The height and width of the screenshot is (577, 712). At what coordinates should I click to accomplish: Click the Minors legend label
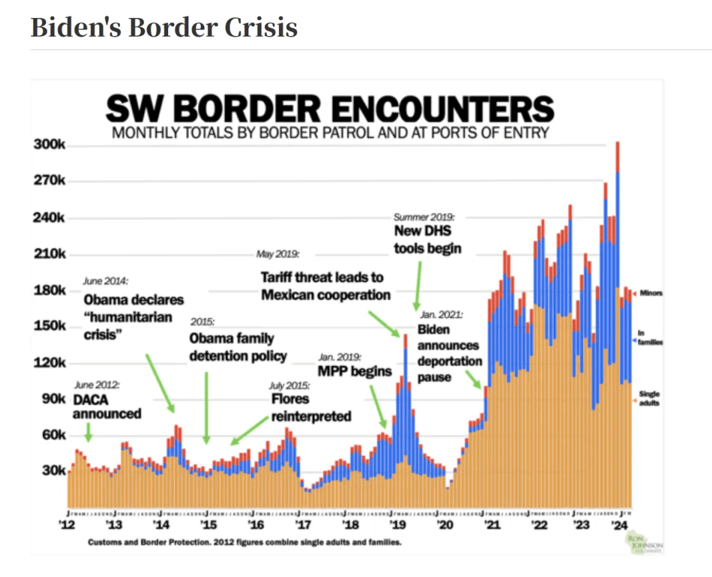click(651, 293)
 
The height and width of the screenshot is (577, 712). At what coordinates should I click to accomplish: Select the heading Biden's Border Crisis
click(164, 28)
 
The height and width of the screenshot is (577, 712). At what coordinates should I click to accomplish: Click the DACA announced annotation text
click(107, 407)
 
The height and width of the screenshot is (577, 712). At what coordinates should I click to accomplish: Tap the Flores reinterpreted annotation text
click(310, 407)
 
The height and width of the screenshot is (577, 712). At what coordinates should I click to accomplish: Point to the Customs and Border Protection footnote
click(245, 542)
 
